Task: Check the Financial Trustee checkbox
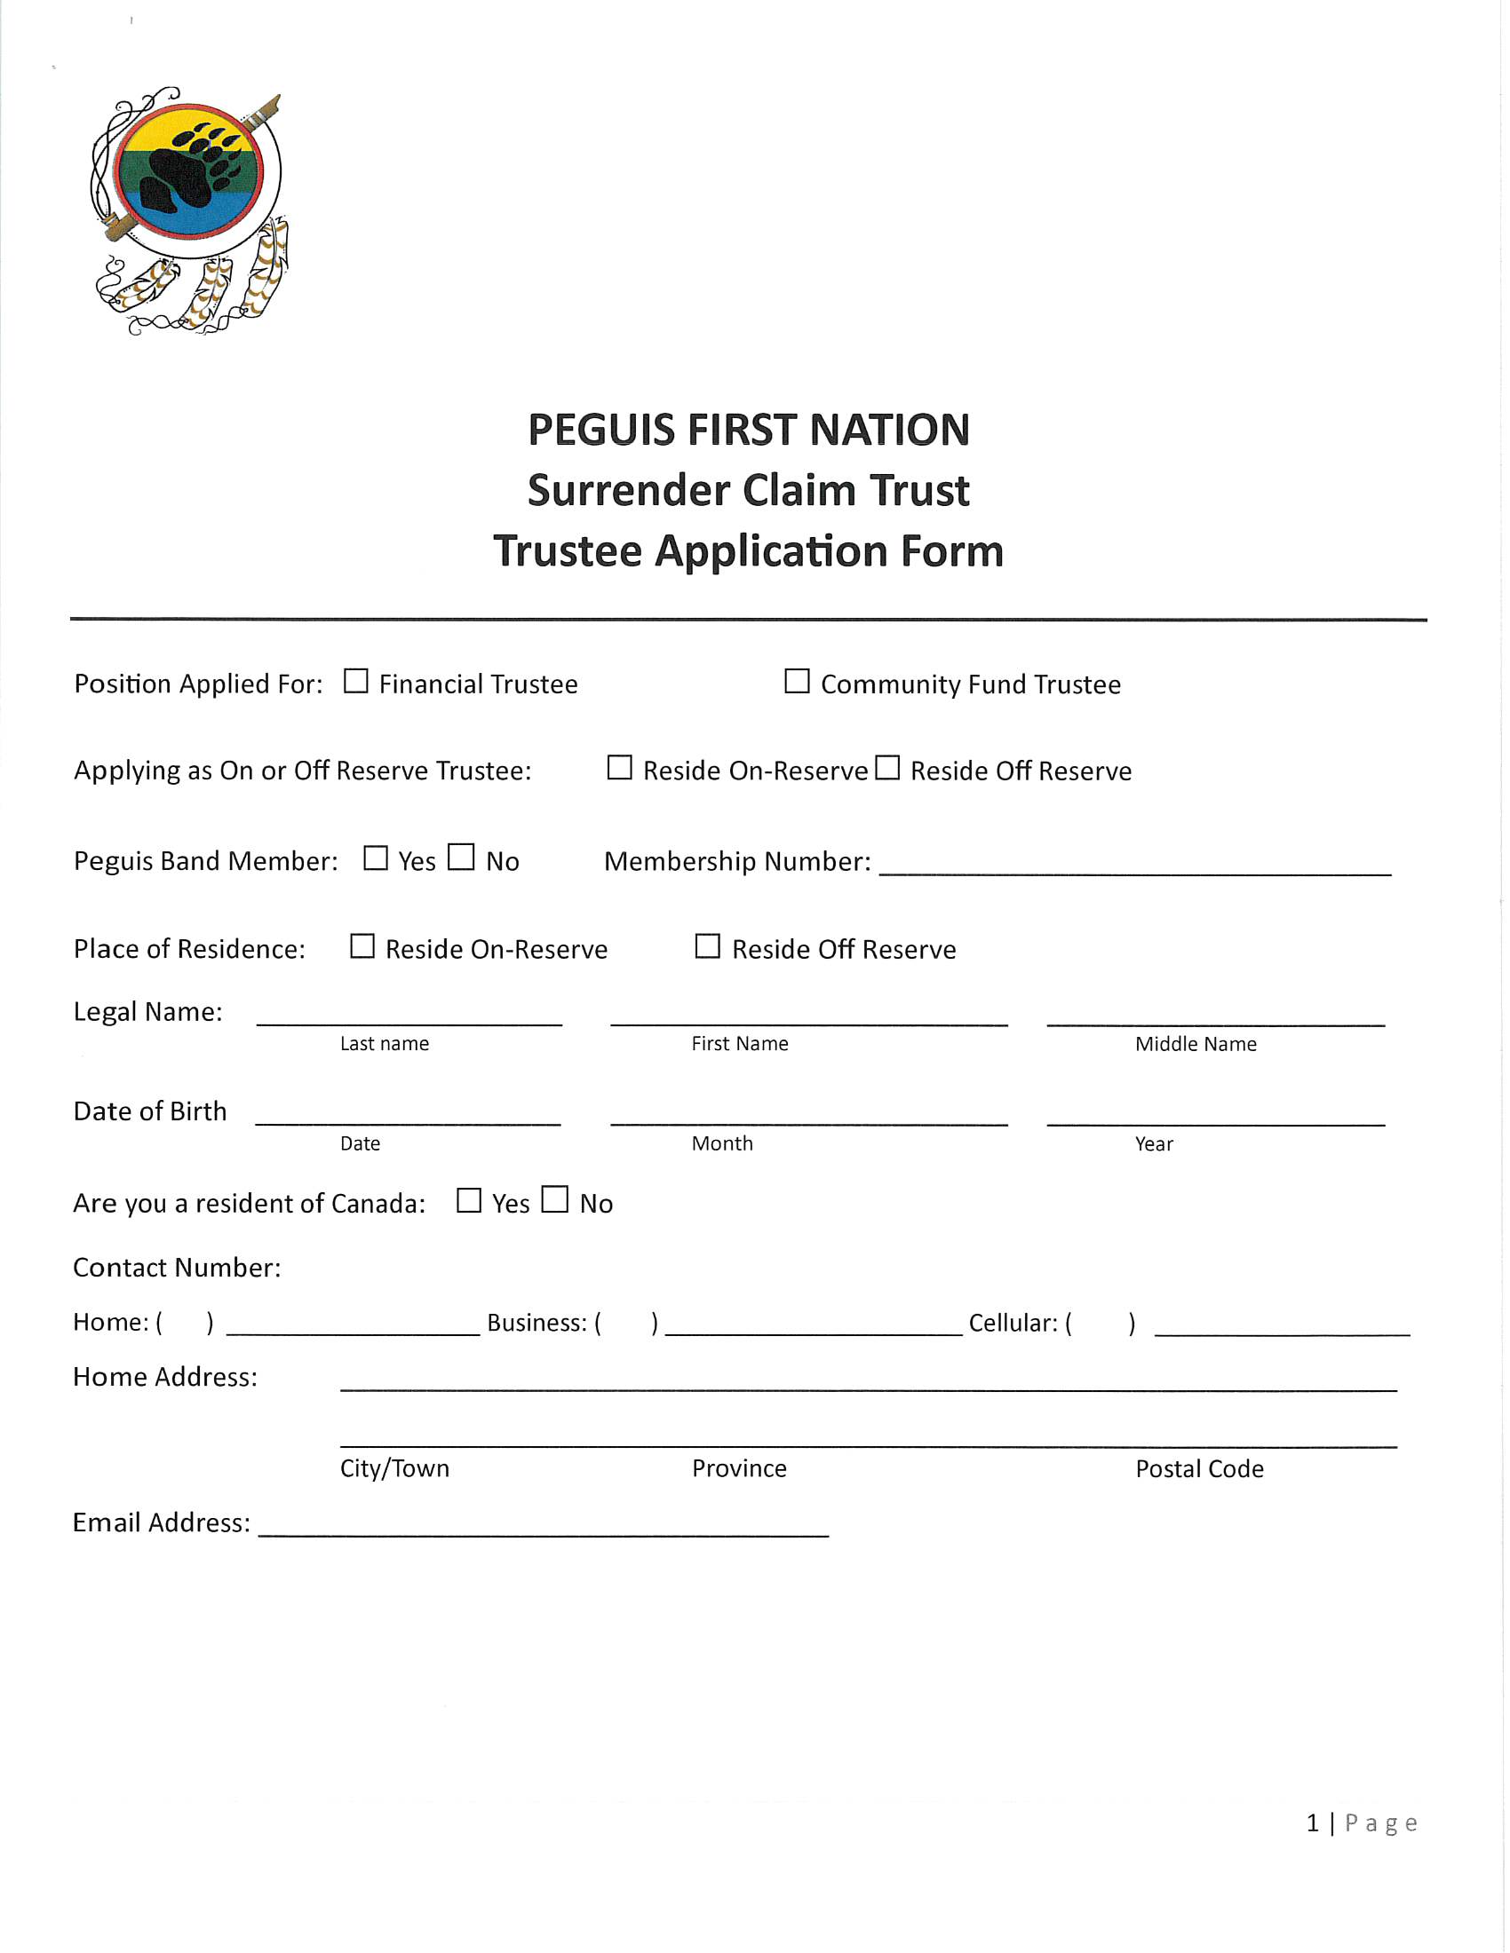(x=356, y=682)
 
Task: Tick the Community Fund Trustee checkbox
(x=796, y=682)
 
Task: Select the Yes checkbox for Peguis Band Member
(x=376, y=858)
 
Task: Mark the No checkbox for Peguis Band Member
(x=461, y=857)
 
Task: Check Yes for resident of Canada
(x=469, y=1200)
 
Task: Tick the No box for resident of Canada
(x=554, y=1199)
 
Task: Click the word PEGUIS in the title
(x=600, y=431)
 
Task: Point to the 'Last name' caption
(x=385, y=1044)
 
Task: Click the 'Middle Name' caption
(x=1195, y=1044)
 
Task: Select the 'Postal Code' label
(x=1199, y=1469)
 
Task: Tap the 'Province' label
(x=739, y=1468)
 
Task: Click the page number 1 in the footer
(x=1312, y=1823)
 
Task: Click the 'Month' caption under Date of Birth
(x=722, y=1143)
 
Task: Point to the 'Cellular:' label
(x=1013, y=1324)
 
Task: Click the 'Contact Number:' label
(x=177, y=1268)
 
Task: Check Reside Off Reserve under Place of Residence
(x=708, y=946)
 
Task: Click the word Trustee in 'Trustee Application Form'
(x=568, y=551)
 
